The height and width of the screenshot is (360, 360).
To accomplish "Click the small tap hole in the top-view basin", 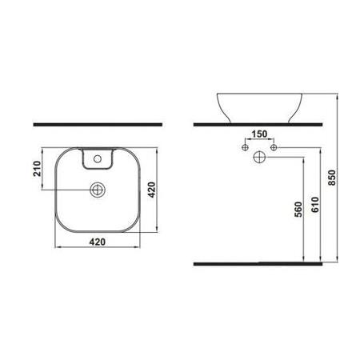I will click(98, 161).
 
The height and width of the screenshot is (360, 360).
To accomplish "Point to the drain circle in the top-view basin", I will click(98, 190).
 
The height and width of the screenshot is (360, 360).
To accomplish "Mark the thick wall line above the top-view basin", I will click(98, 126).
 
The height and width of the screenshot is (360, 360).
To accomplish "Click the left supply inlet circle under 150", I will click(243, 149).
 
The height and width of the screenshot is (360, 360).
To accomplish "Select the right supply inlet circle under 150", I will click(274, 149).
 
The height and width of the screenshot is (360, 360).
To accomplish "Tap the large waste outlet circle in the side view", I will click(258, 158).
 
